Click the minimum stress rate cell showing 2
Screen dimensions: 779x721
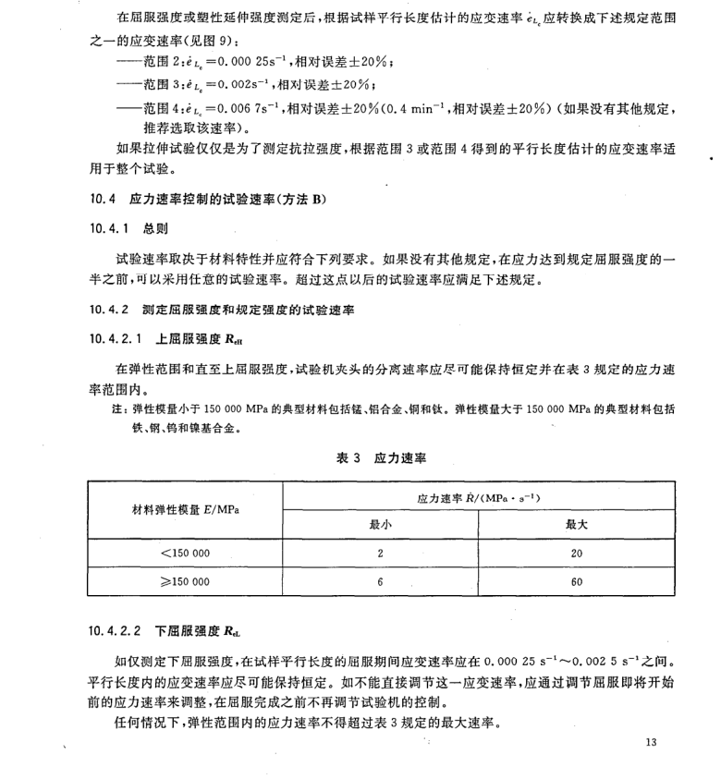(x=379, y=554)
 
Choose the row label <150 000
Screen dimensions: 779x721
(x=185, y=554)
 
